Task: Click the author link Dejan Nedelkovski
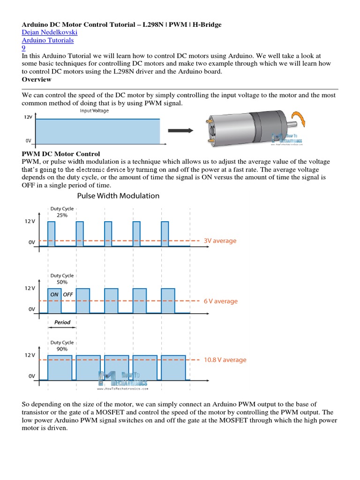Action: pos(50,32)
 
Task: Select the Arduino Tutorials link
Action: pos(48,40)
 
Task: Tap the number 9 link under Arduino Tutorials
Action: pos(24,48)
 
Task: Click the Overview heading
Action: pos(37,79)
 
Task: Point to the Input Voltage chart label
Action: pos(94,111)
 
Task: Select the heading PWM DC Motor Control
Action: pos(61,154)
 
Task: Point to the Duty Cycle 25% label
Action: pos(62,212)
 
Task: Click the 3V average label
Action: pos(220,241)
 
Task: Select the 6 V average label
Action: pos(220,301)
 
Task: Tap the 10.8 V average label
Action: pos(225,360)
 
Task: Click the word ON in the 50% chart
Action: pos(54,294)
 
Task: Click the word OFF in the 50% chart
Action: pos(68,294)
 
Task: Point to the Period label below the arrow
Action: pos(62,322)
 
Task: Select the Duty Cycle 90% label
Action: pos(62,346)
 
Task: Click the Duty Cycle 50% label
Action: pos(62,279)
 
